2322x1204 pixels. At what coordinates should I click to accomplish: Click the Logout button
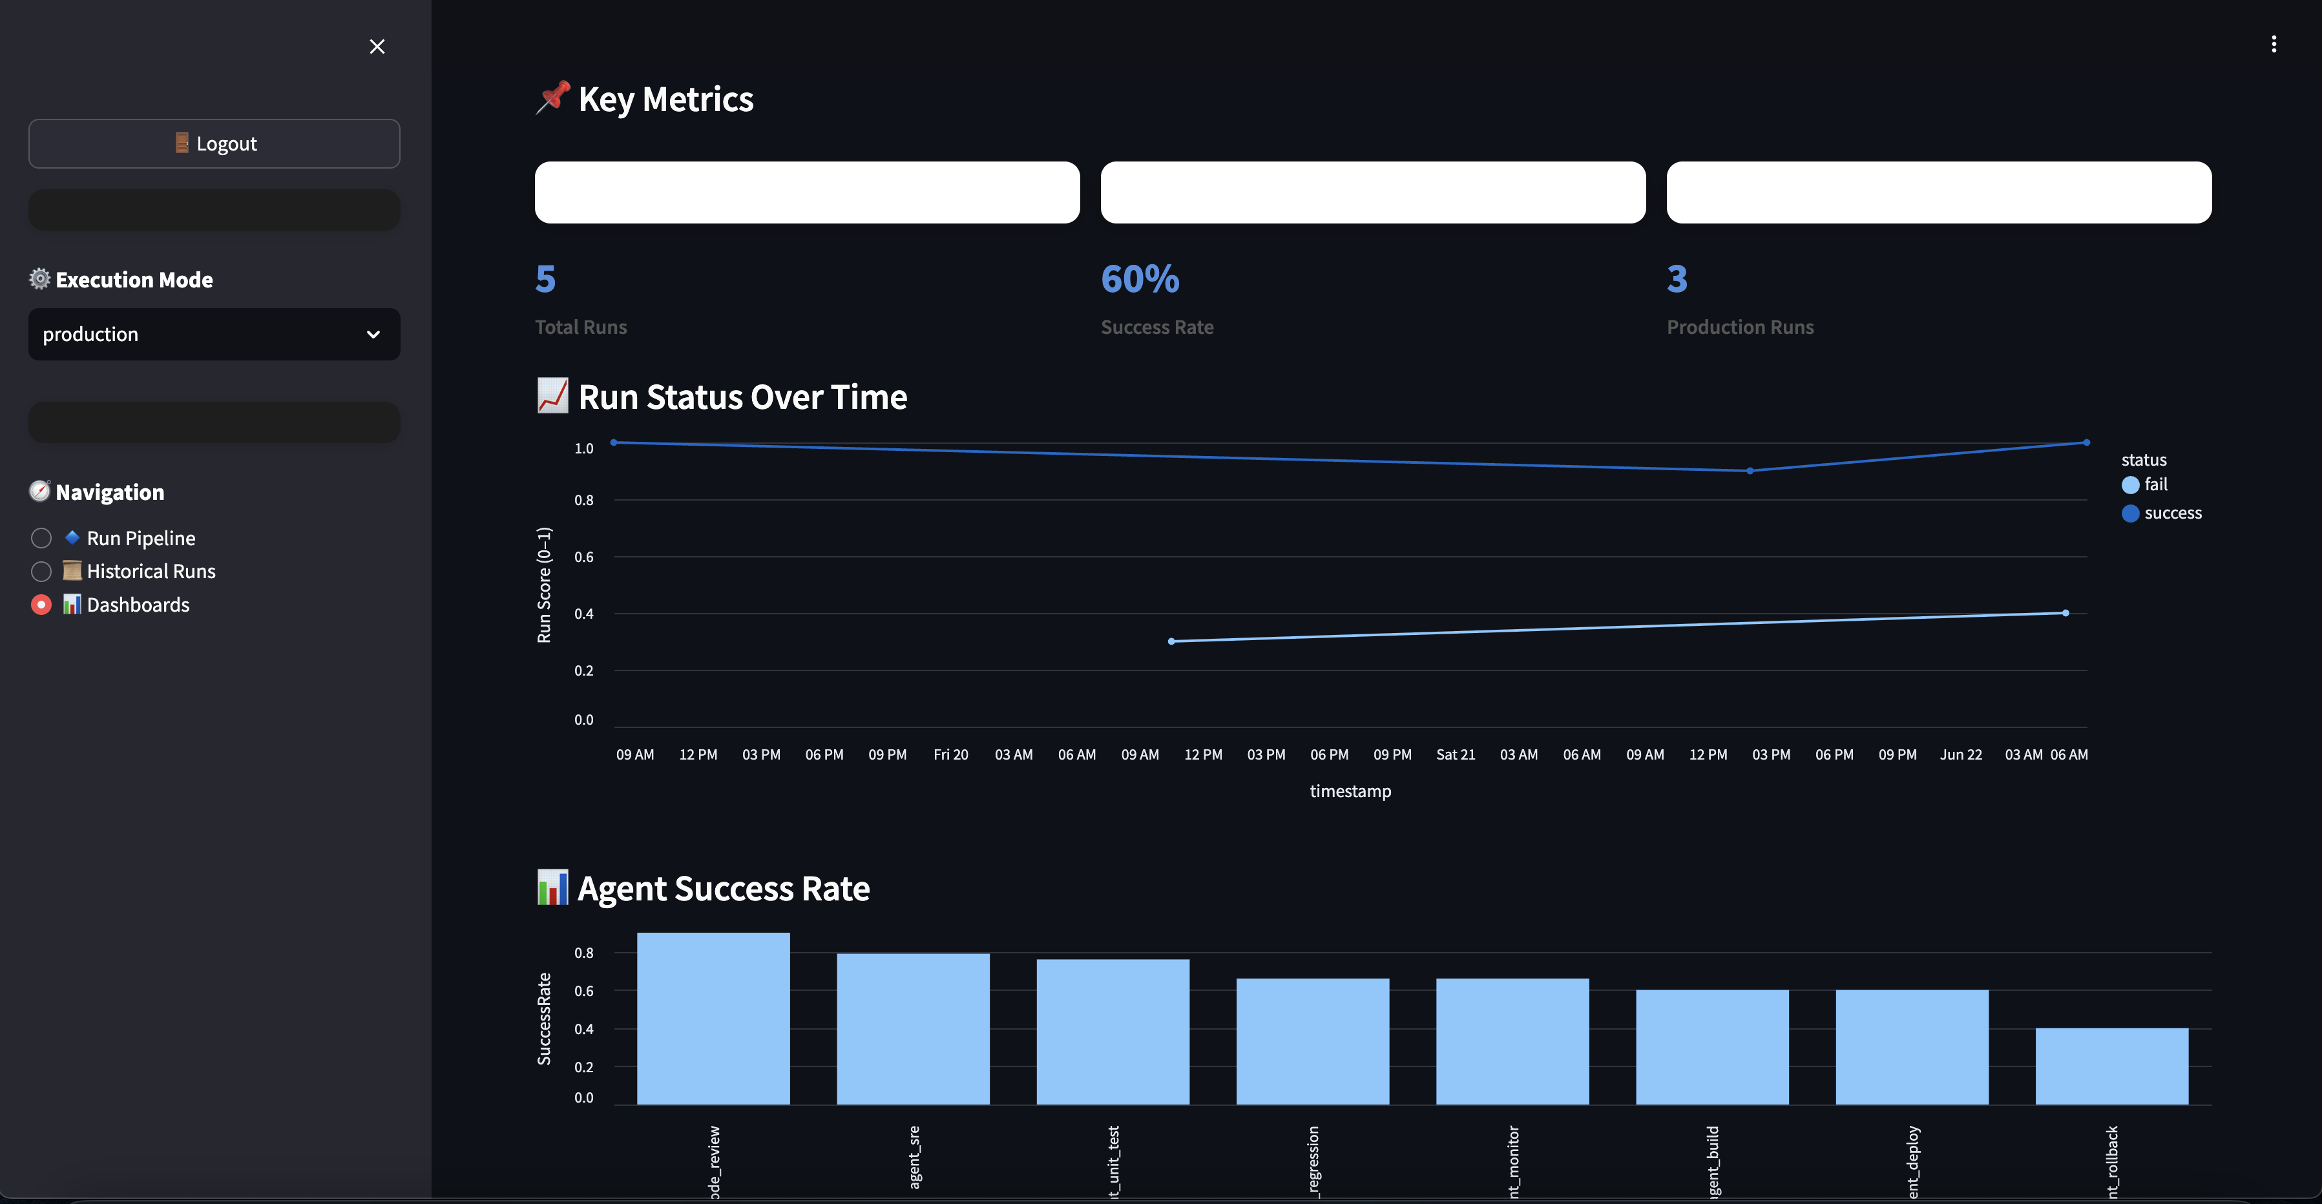click(214, 143)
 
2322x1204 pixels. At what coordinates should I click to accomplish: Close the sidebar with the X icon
click(377, 47)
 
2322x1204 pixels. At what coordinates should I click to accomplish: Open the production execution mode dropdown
click(214, 335)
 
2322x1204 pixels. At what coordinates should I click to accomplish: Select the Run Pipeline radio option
click(41, 538)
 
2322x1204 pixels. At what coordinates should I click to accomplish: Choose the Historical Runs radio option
click(41, 572)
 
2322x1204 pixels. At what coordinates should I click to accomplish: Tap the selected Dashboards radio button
click(41, 605)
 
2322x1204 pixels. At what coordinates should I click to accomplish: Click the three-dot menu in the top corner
click(2274, 44)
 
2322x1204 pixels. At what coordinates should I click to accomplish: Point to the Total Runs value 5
click(545, 280)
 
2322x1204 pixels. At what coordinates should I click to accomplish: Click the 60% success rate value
click(1140, 280)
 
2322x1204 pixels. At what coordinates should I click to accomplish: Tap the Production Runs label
click(1740, 327)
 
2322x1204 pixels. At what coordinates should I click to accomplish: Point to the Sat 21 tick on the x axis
click(1456, 754)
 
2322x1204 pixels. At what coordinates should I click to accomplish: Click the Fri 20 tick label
click(951, 754)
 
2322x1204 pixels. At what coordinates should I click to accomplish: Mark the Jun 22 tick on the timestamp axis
click(1961, 754)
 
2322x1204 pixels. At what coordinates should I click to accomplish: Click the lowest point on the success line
click(1750, 470)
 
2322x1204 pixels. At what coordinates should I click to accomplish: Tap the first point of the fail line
click(1171, 641)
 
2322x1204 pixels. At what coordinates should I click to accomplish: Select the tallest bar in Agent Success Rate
click(713, 1019)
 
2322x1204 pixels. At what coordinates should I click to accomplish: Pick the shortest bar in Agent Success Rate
click(2111, 1066)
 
